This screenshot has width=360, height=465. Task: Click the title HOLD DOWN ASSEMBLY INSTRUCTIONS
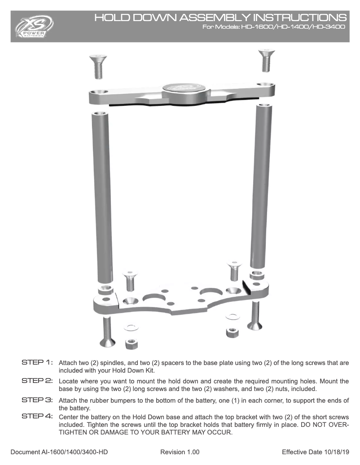tap(220, 18)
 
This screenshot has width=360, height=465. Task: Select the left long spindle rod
tap(101, 197)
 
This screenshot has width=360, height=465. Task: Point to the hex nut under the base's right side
tap(232, 333)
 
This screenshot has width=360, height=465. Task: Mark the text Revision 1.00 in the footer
tap(180, 452)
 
